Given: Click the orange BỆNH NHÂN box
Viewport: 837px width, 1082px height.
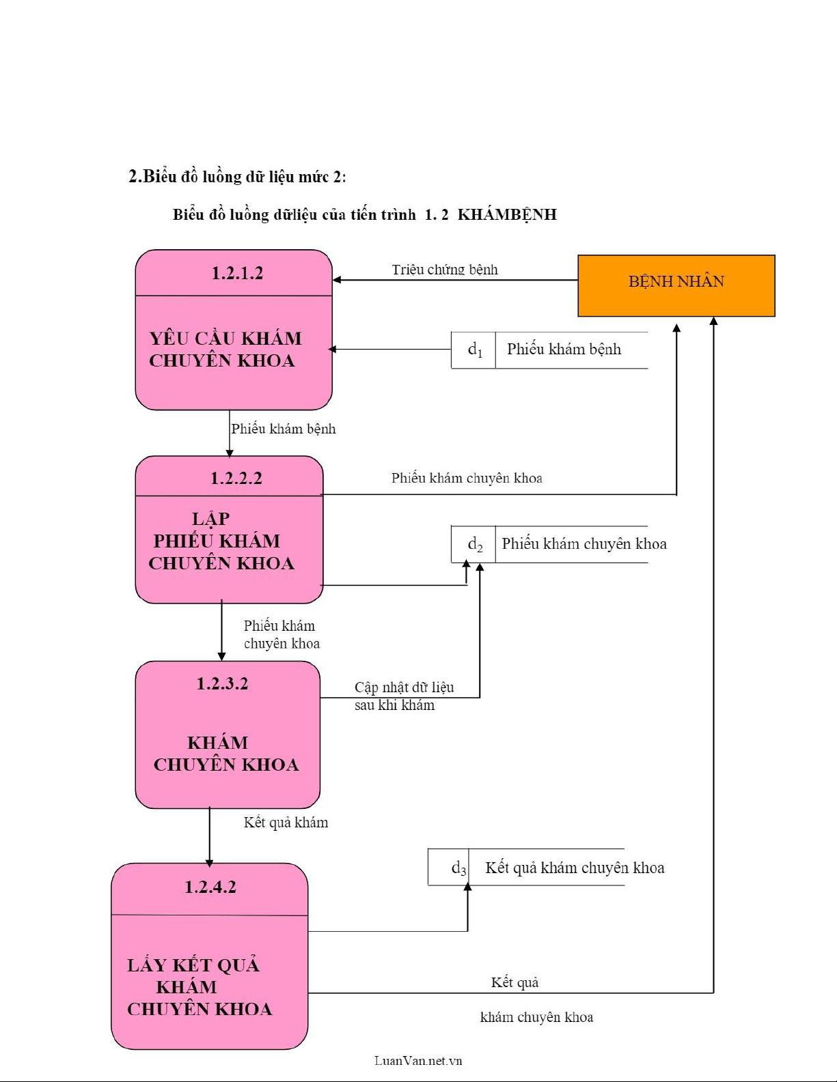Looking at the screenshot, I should [x=676, y=285].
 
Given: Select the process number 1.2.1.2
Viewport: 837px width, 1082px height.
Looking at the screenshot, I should [x=237, y=273].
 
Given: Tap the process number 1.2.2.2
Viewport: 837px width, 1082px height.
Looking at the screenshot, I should [x=236, y=478].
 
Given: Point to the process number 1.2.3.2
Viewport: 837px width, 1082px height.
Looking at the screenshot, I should [x=222, y=683].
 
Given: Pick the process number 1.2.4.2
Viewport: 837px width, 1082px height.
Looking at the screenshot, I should [x=210, y=887].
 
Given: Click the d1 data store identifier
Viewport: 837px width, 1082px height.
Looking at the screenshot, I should [x=474, y=350].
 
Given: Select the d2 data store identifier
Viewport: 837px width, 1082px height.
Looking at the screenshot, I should [x=474, y=544].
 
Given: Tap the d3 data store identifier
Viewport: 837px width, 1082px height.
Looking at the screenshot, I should [x=458, y=868].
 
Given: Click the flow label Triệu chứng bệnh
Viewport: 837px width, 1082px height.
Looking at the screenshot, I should [x=445, y=270].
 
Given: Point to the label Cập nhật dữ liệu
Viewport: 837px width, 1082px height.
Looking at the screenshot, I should [x=404, y=687].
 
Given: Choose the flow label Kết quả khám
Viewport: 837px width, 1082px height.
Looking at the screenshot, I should [x=286, y=823].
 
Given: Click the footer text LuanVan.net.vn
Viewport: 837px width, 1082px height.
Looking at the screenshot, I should [x=418, y=1060].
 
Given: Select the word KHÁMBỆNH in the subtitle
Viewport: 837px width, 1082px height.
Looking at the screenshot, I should [x=507, y=214].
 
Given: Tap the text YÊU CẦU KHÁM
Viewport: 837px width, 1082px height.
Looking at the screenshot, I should [x=225, y=339].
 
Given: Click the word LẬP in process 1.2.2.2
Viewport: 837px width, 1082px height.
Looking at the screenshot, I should [x=210, y=519].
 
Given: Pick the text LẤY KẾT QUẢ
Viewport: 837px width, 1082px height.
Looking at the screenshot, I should [x=193, y=965].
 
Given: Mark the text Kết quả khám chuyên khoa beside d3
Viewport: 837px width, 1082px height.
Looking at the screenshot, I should [x=575, y=868].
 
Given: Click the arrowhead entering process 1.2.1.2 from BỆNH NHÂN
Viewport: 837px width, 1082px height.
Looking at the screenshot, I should [x=337, y=280].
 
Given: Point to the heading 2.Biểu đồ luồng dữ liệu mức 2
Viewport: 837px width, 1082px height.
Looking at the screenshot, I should [x=237, y=177].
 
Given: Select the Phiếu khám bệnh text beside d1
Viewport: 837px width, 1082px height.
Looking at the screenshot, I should [x=564, y=350].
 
